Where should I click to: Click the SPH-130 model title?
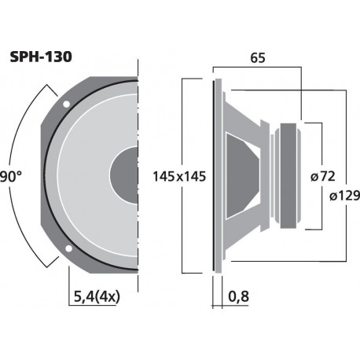41,57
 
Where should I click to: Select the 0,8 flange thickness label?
240,297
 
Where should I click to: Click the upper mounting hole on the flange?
67,104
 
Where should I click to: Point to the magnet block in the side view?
288,176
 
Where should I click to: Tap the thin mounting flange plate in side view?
215,176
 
